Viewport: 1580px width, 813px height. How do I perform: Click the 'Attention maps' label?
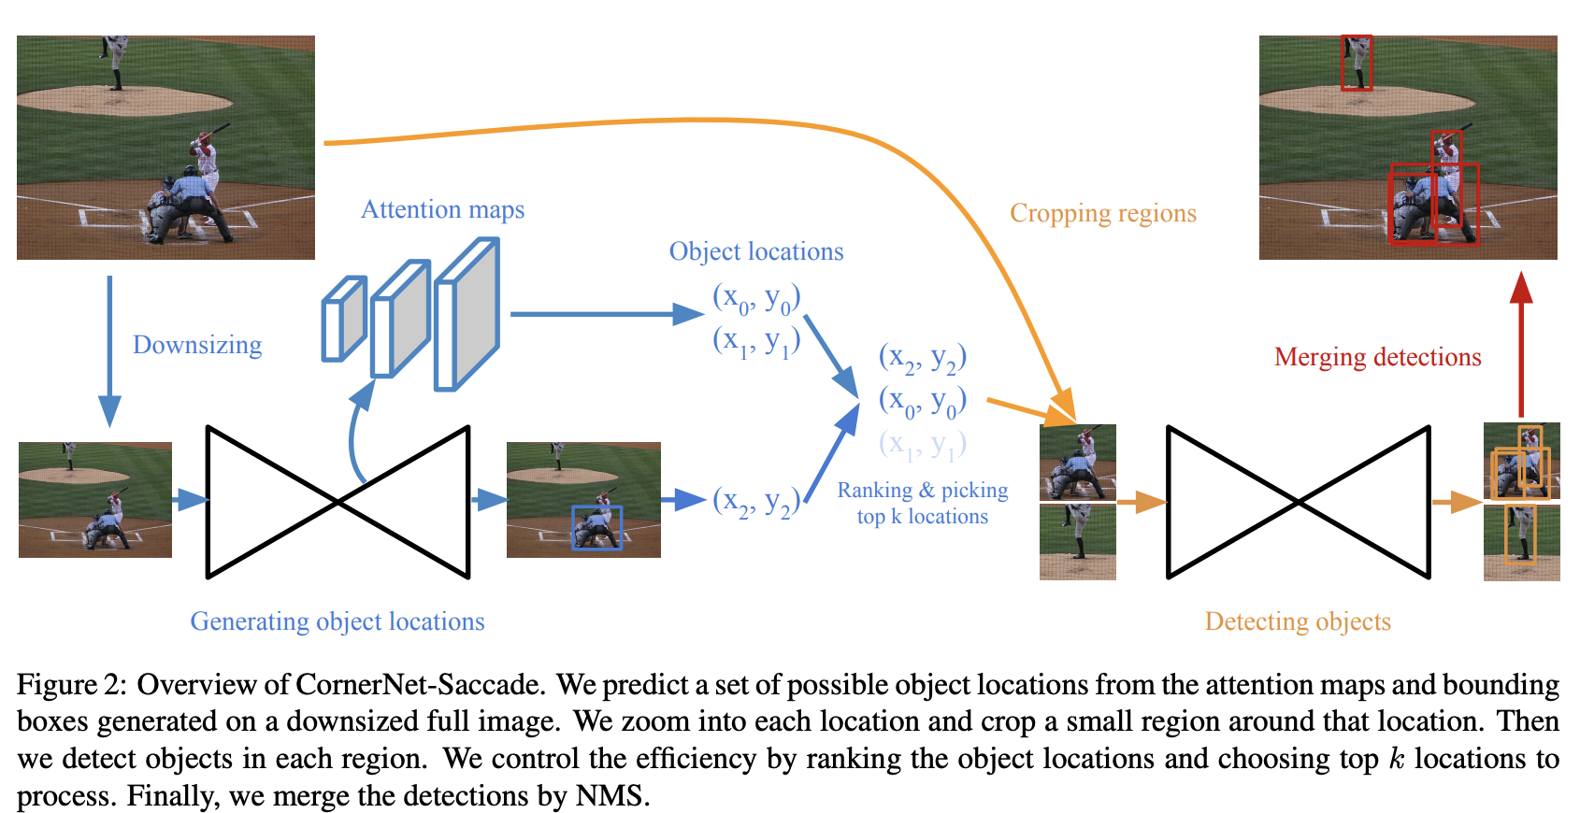tap(442, 209)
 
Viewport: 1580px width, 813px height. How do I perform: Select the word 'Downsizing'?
tap(197, 345)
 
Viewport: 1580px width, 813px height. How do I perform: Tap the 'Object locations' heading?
tap(755, 251)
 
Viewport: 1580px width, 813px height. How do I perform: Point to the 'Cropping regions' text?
tap(1102, 213)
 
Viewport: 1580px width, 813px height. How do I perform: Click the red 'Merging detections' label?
tap(1377, 357)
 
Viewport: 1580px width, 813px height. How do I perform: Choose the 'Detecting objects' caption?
tap(1298, 621)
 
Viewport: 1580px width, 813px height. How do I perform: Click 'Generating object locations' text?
tap(338, 621)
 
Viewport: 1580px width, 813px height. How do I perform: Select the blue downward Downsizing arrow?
tap(109, 350)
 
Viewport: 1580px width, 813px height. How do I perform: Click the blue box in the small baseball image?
tap(596, 527)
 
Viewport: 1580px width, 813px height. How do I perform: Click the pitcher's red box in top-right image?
tap(1356, 63)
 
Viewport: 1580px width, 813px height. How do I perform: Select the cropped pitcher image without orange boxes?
tap(1077, 542)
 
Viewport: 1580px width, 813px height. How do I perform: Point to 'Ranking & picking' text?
tap(922, 490)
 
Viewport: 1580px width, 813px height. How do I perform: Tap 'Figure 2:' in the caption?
tap(70, 684)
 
